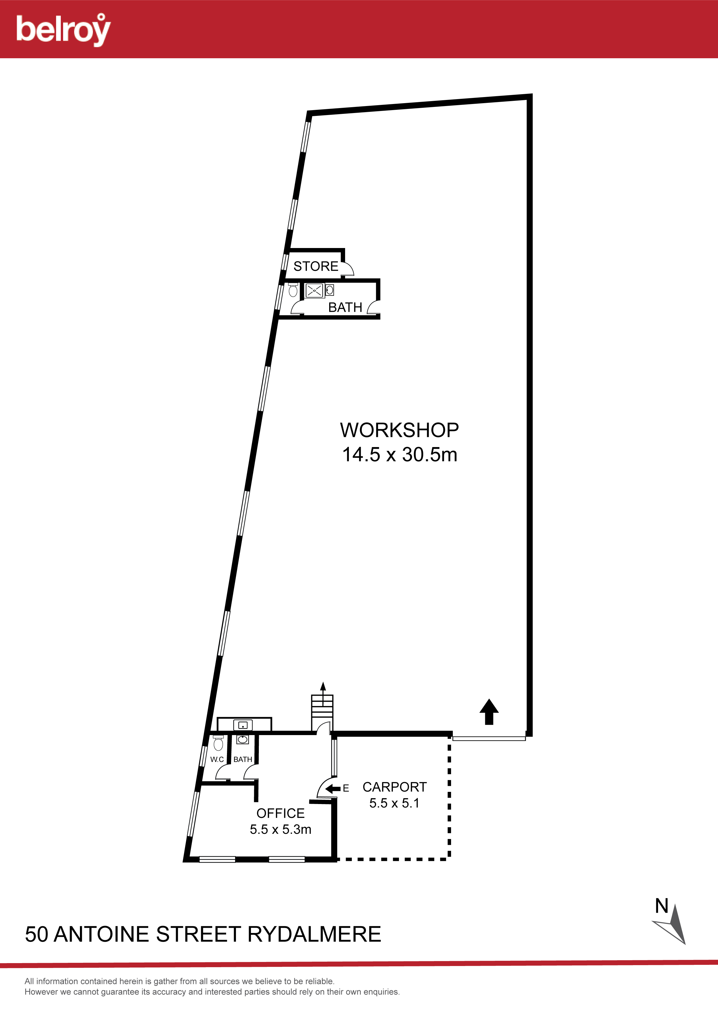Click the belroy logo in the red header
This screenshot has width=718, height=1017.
(63, 30)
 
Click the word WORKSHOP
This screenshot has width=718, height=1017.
(399, 430)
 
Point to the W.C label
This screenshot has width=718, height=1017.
(217, 759)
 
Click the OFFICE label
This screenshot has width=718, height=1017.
(281, 813)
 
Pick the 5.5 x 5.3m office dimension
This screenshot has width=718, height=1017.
(281, 829)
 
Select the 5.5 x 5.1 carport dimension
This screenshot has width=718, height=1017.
(394, 803)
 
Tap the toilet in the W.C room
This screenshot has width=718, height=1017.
(218, 743)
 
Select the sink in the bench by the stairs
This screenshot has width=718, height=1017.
(243, 725)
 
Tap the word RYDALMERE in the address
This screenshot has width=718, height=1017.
(314, 934)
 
